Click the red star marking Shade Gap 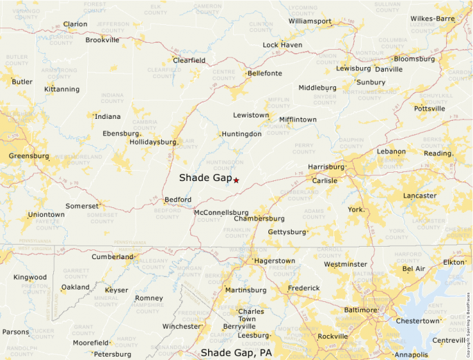tap(236, 180)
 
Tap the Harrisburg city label tap(326, 167)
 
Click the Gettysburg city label tap(286, 232)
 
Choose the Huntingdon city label tap(241, 134)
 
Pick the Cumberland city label tap(113, 257)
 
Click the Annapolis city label tap(411, 355)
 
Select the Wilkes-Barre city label tap(432, 19)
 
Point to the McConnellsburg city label tap(221, 213)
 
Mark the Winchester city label tap(181, 326)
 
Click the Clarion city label tap(75, 24)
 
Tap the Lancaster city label tap(420, 196)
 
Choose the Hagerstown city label tap(275, 261)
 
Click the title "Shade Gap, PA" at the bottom tap(236, 353)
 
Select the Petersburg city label tap(112, 354)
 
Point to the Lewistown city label tap(251, 115)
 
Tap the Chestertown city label tap(417, 321)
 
